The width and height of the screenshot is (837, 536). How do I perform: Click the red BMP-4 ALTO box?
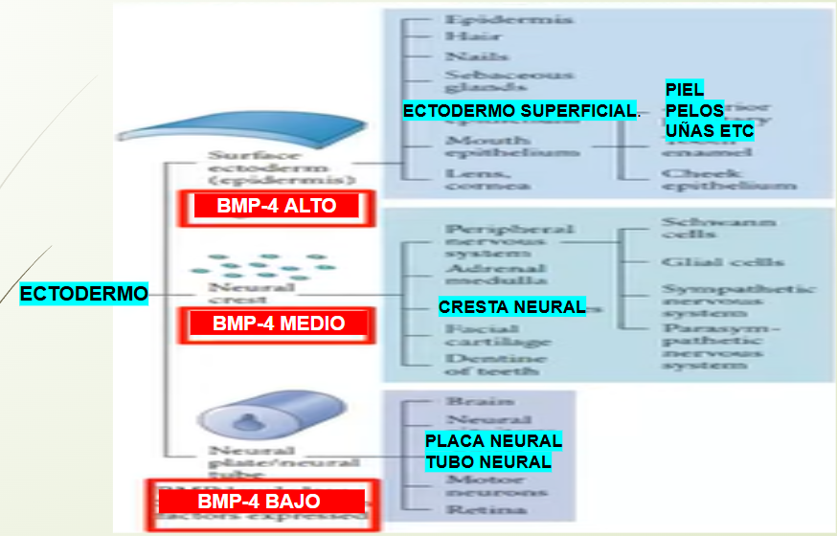tap(276, 206)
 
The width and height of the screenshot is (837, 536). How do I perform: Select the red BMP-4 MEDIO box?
tap(279, 324)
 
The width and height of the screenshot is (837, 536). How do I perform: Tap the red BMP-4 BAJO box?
tap(259, 502)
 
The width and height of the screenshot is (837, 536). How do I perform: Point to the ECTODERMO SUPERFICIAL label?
tap(519, 112)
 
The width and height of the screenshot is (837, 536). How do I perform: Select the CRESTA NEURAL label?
tap(511, 307)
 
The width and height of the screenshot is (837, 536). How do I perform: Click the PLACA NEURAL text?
tap(493, 441)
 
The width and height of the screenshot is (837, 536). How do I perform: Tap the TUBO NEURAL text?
tap(488, 462)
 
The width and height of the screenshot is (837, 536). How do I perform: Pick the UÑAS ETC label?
tap(709, 130)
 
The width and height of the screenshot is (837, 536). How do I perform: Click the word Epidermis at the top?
tap(495, 18)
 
